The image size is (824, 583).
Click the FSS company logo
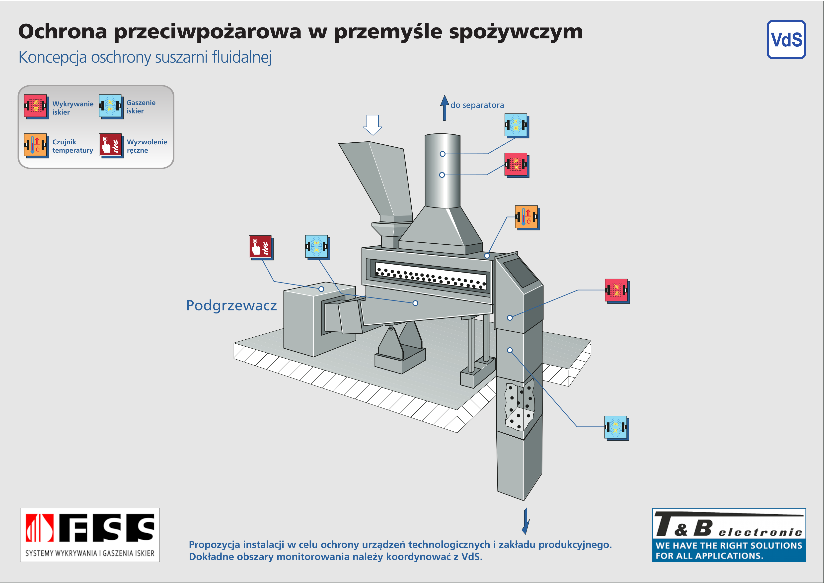click(x=90, y=535)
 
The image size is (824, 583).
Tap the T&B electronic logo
click(x=729, y=535)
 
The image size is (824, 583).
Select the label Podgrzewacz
click(x=231, y=306)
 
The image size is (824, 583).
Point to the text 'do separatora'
click(x=477, y=105)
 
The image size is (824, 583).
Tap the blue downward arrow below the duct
click(x=526, y=521)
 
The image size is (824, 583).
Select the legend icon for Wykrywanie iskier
click(x=36, y=106)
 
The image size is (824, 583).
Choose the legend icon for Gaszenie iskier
click(x=111, y=106)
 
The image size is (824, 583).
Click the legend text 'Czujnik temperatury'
click(x=73, y=146)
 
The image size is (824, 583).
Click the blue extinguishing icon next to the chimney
click(x=517, y=126)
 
